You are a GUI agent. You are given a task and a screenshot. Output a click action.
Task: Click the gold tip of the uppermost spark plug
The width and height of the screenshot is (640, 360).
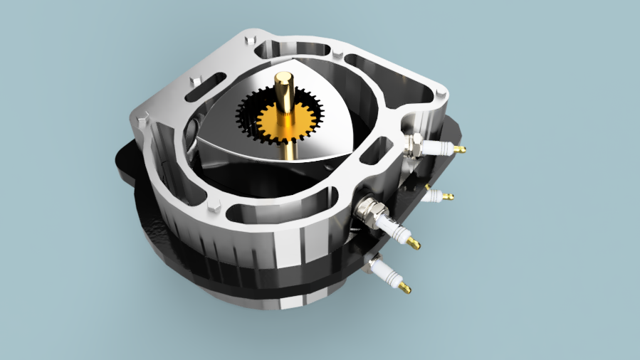[460, 149]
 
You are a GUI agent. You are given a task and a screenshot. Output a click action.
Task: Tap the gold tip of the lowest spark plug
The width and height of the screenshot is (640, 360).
[404, 287]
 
